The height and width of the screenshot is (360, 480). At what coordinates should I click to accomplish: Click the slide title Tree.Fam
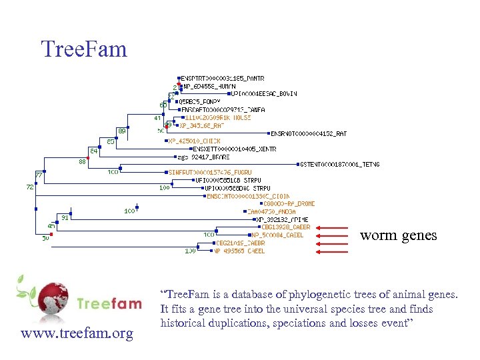83,48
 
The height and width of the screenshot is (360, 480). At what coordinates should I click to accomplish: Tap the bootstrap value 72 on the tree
30,187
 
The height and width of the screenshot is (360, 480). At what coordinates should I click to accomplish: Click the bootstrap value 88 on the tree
81,161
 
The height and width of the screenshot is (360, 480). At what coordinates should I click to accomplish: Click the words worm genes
399,235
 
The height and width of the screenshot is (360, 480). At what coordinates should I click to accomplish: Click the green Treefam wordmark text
109,305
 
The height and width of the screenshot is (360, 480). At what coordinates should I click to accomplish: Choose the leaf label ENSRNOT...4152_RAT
308,133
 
